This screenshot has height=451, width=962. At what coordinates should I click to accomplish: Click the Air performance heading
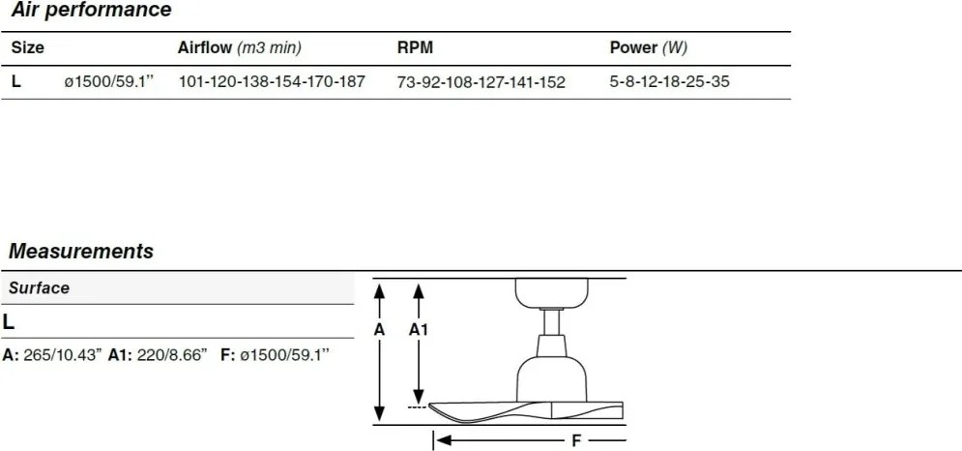coord(91,10)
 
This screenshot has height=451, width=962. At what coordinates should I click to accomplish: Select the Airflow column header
coord(239,48)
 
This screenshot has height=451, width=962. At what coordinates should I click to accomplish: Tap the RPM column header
coord(415,48)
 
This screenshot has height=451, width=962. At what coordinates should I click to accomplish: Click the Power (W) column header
coord(649,48)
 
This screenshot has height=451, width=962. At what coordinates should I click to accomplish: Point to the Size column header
coord(28,48)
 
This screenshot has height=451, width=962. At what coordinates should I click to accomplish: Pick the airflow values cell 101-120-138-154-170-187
coord(272,81)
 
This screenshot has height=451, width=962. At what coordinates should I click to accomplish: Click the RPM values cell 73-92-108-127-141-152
coord(481,82)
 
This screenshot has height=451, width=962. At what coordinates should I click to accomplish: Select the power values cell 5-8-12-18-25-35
coord(669,81)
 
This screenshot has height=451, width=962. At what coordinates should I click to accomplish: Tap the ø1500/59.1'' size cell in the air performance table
coord(108,81)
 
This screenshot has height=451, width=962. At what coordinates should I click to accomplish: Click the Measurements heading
coord(81,252)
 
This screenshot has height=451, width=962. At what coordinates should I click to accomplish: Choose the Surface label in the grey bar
coord(39,288)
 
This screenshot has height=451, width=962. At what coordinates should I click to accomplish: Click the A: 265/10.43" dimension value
coord(51,355)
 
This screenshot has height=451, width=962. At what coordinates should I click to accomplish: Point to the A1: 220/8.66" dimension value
coord(158,355)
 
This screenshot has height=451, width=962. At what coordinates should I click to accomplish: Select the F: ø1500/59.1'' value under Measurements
coord(276,355)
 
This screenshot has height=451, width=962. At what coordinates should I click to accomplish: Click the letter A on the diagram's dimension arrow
coord(379,330)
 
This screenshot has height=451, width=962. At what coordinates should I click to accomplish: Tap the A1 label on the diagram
coord(419,330)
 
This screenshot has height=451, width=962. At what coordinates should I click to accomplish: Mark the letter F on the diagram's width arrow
coord(576,440)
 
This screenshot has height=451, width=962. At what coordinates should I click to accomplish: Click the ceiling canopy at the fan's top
coord(551,292)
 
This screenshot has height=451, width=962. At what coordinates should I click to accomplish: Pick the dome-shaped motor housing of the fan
coord(551,379)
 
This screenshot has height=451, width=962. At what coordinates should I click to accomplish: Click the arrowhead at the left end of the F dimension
coord(444,440)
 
